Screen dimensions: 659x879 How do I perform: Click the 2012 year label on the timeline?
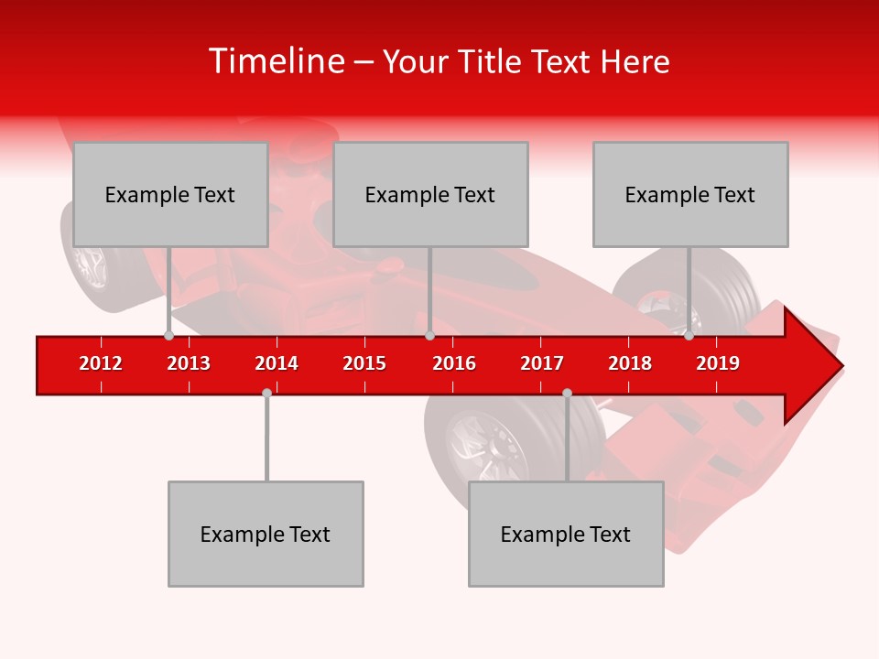point(101,363)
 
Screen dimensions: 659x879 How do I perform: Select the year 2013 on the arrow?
point(189,363)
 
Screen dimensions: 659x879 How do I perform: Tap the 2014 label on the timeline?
point(277,363)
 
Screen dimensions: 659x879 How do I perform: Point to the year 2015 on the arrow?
point(364,363)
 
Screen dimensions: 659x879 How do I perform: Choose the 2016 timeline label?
point(454,363)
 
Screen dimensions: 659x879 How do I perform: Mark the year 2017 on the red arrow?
point(542,363)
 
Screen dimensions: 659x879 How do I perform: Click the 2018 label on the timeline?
point(630,363)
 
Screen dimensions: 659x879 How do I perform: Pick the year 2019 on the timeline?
point(718,363)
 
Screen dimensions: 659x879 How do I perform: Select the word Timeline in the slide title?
point(275,61)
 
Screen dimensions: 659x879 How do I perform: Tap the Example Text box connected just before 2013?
point(170,194)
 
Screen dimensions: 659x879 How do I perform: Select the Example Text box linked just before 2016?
point(430,194)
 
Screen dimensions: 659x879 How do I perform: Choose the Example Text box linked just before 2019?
point(690,194)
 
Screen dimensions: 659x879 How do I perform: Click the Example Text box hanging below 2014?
point(266,534)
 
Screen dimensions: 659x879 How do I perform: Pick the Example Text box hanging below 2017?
point(566,534)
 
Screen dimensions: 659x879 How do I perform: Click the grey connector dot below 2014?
point(266,393)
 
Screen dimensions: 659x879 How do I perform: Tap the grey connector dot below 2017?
point(567,393)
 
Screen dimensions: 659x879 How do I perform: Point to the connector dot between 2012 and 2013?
point(168,336)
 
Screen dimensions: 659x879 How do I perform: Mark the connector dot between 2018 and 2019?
point(689,336)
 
